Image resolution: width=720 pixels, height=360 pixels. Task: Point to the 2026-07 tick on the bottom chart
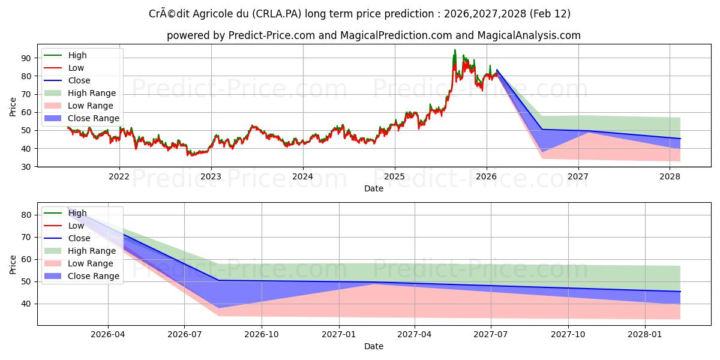click(x=184, y=334)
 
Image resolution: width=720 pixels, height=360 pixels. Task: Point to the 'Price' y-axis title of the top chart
click(x=13, y=106)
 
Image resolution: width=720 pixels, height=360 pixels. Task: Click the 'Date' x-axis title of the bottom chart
click(x=374, y=346)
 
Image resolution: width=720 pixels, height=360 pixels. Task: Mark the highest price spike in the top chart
click(x=455, y=50)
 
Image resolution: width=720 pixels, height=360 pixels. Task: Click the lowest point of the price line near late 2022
click(x=188, y=155)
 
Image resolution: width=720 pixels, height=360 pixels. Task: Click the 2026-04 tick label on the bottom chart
click(x=108, y=334)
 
